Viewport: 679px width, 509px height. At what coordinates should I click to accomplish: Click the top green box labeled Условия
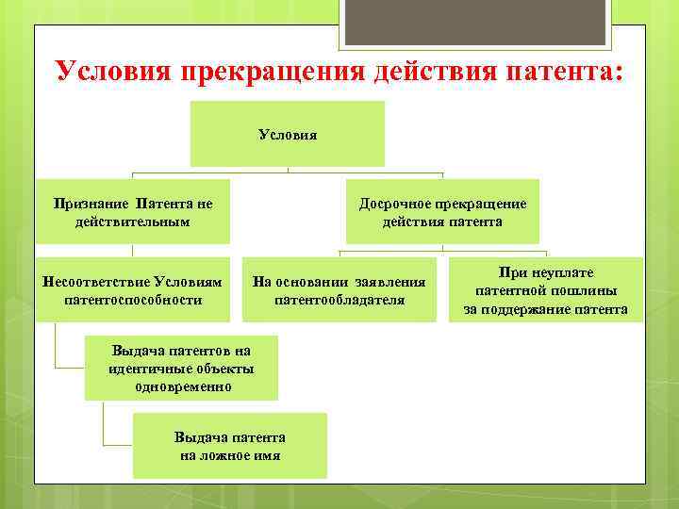288,134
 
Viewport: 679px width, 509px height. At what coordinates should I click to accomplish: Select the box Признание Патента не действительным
132,212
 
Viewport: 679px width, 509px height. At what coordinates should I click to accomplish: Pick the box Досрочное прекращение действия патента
442,212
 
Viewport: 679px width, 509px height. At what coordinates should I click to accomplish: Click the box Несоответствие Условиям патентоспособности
132,290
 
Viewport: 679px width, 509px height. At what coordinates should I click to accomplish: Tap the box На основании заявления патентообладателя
339,290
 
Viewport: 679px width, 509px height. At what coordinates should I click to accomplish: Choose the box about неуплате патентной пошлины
545,290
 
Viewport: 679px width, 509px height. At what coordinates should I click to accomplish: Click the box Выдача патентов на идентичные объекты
181,369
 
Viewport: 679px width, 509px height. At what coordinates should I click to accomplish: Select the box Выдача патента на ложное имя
230,446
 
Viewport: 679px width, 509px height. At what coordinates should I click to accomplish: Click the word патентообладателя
339,300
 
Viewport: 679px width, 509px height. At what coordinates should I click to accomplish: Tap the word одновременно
181,386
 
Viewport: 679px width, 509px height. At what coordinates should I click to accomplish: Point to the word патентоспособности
132,300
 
